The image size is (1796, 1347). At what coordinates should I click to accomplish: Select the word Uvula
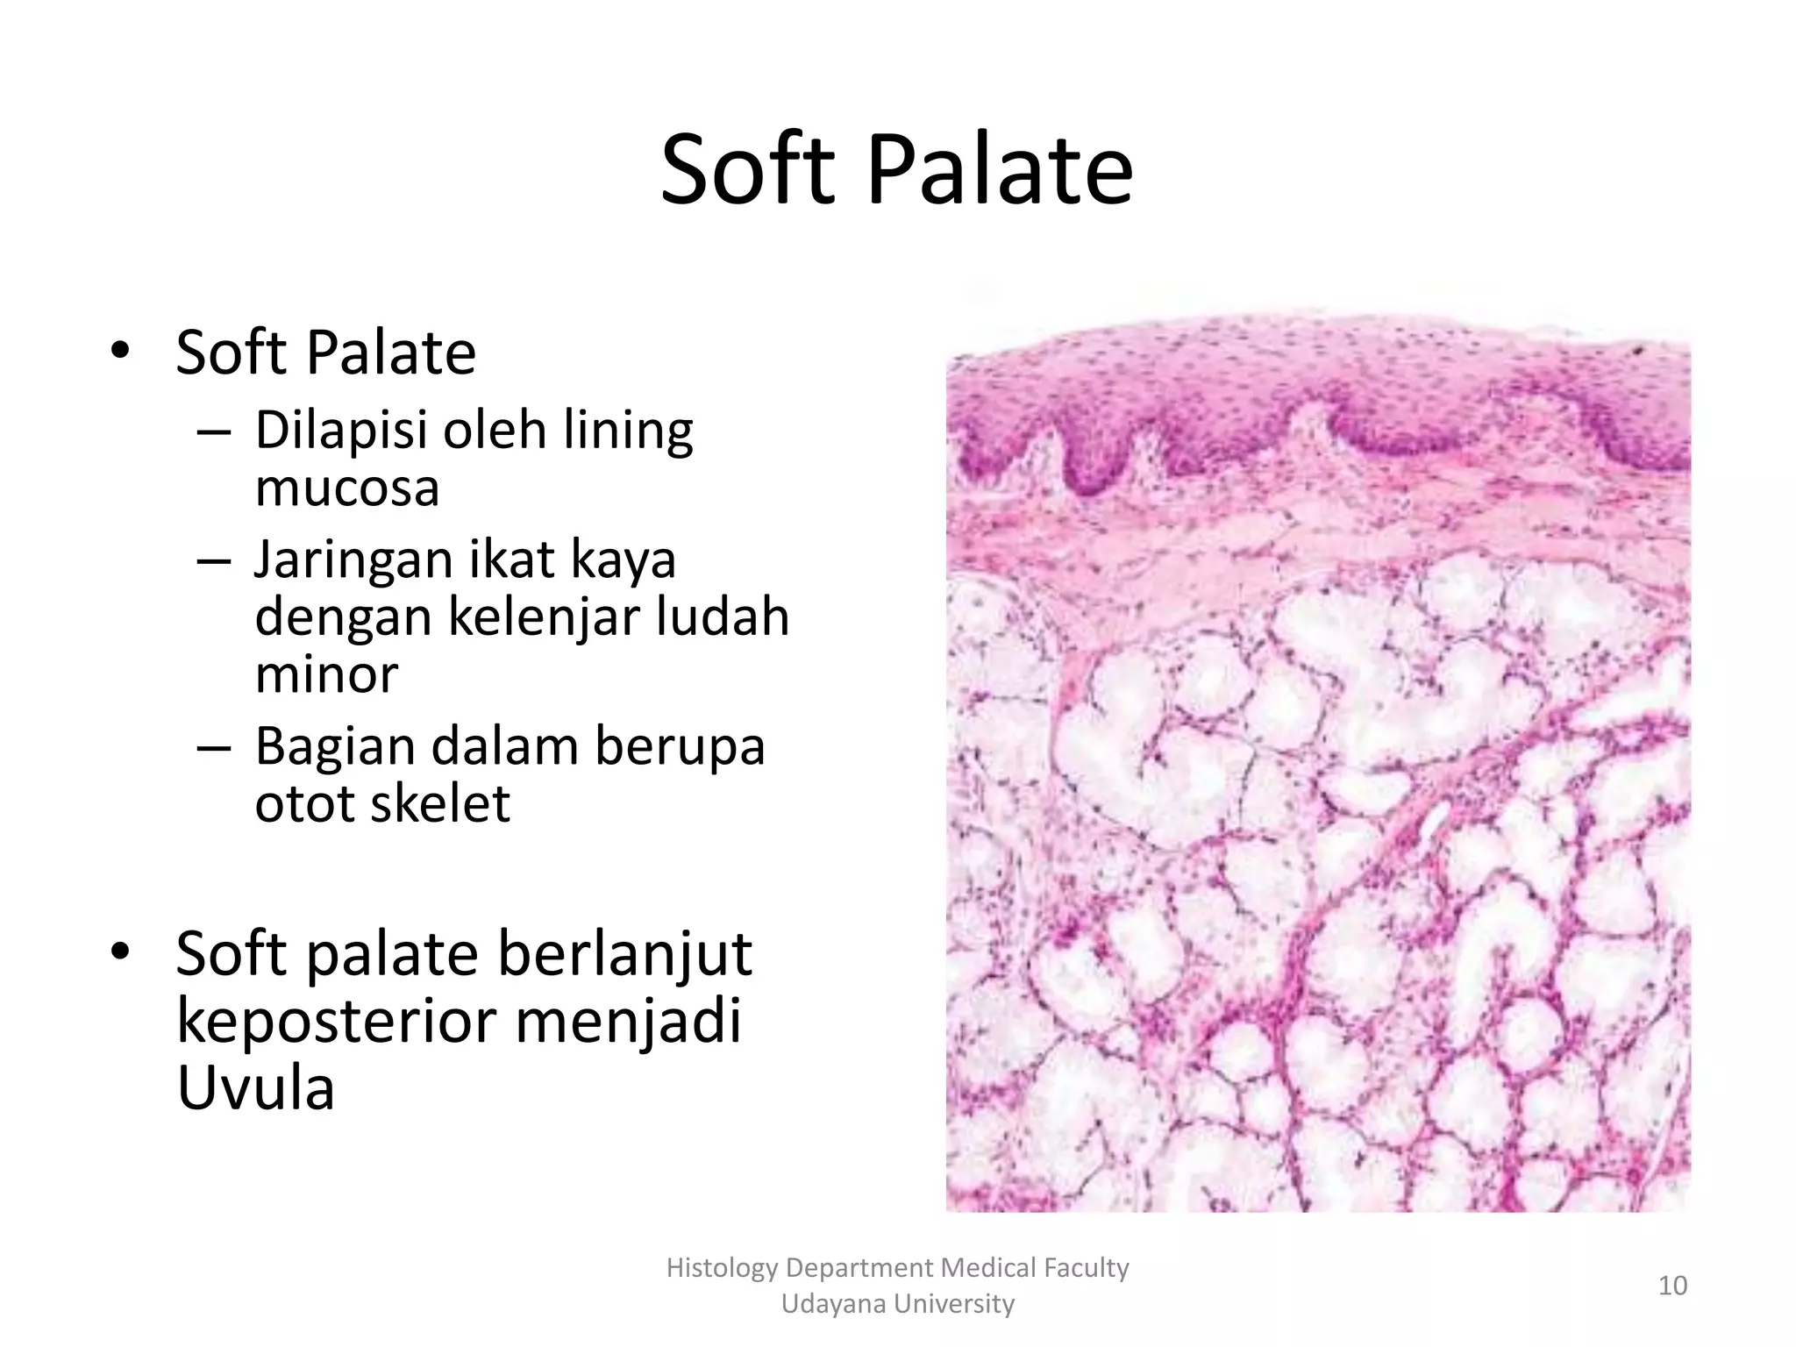click(255, 1087)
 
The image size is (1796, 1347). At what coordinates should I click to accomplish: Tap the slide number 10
click(1672, 1286)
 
